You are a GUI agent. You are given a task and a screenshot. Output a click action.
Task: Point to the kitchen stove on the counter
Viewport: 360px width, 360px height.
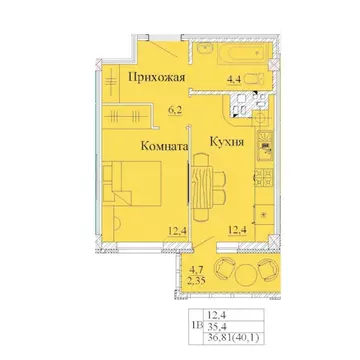(x=266, y=156)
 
